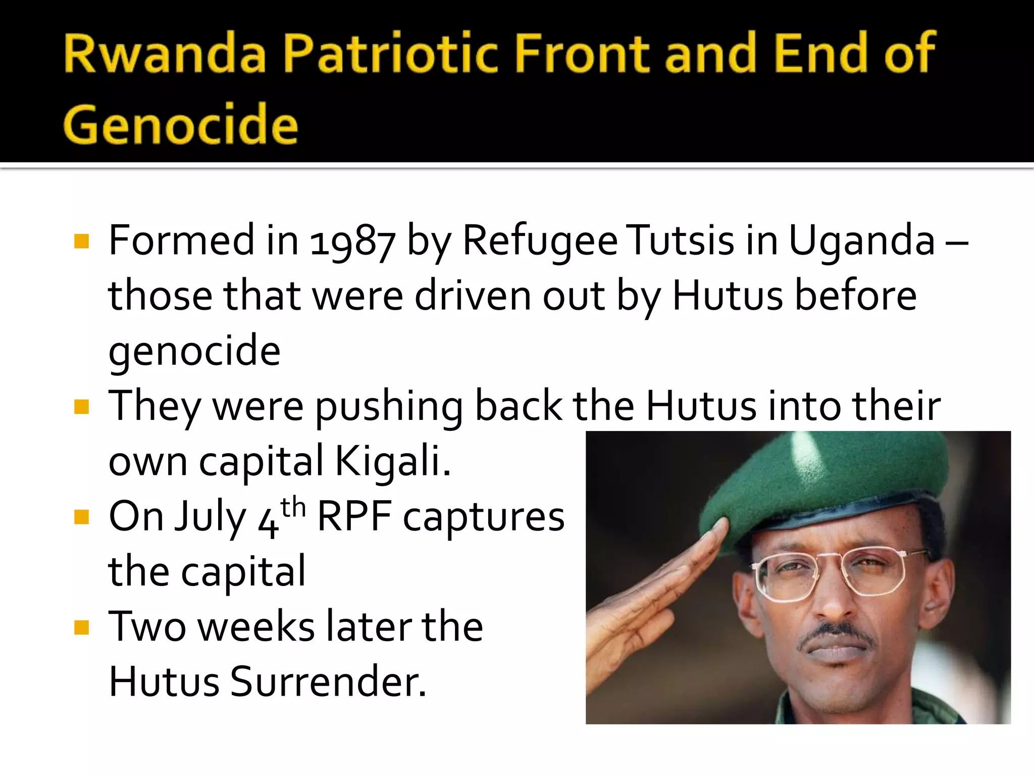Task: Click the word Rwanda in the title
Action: (165, 53)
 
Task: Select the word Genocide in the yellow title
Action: (181, 124)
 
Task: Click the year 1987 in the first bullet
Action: (352, 241)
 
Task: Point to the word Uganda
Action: (861, 241)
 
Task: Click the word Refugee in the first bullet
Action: (540, 241)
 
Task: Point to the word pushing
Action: (389, 407)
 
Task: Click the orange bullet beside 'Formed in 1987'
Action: (81, 241)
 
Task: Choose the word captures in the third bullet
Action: (484, 517)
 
